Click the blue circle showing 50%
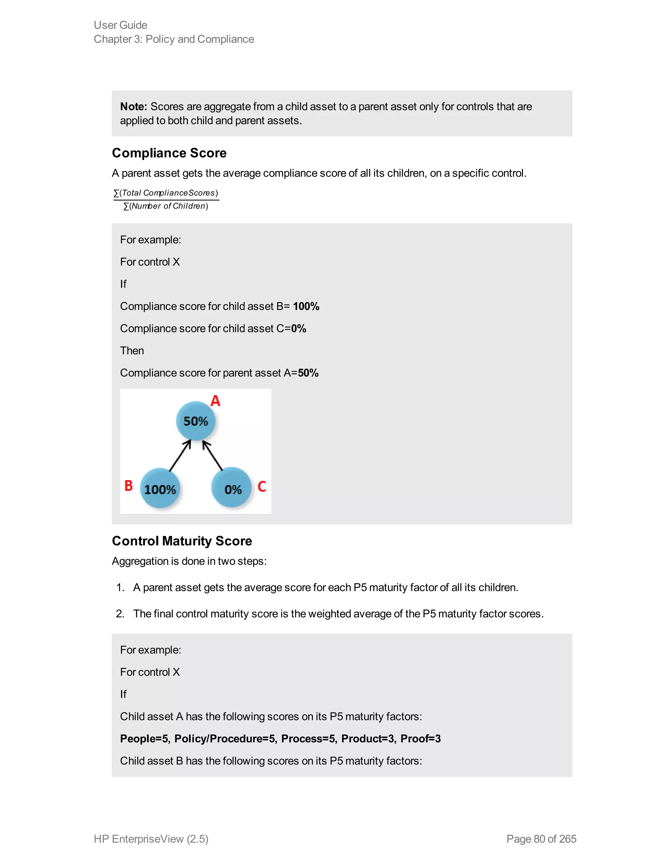(x=196, y=421)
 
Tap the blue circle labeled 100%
(x=160, y=488)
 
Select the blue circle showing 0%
(x=232, y=488)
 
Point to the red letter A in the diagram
(x=215, y=401)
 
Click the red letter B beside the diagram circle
(x=128, y=485)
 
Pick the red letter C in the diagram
(x=261, y=486)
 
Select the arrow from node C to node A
(x=213, y=456)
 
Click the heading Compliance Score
(x=169, y=153)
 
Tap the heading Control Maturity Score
(x=182, y=541)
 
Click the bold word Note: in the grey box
(x=134, y=106)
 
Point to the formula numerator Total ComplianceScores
(x=166, y=193)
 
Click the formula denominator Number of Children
(x=166, y=206)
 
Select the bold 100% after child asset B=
(x=306, y=307)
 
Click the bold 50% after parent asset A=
(x=308, y=373)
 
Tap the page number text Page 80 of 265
(x=541, y=839)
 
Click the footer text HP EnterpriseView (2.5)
(x=151, y=839)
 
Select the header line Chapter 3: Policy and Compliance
(x=174, y=39)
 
